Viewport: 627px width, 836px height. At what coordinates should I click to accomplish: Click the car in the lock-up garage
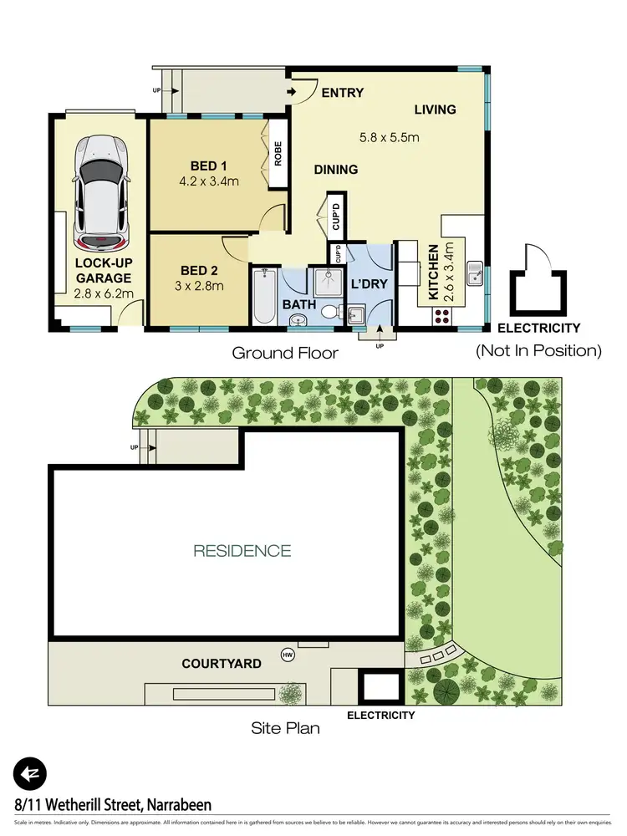coord(100,192)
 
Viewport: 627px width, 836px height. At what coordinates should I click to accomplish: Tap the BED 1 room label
coord(209,166)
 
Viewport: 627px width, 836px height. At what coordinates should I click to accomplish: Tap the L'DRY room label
coord(369,284)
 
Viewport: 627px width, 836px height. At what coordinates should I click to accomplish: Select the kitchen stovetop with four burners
coord(440,317)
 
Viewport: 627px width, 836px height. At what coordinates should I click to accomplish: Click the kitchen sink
coord(473,274)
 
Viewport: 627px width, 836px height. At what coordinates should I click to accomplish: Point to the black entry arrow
coord(291,92)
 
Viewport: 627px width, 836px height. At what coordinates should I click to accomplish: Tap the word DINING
coord(336,170)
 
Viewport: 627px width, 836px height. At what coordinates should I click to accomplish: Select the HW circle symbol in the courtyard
coord(288,654)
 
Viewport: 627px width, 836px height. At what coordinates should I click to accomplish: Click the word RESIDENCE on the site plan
coord(242,551)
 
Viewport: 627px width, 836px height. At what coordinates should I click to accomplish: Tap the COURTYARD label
coord(222,664)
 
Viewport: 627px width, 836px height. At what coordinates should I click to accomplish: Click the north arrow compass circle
coord(30,772)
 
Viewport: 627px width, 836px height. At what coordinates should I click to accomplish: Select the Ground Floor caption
coord(285,353)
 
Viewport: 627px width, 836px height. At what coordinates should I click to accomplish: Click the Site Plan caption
coord(285,728)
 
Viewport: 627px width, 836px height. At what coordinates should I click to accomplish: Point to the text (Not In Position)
coord(539,351)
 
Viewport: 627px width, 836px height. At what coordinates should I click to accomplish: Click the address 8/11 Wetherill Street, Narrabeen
coord(113,805)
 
